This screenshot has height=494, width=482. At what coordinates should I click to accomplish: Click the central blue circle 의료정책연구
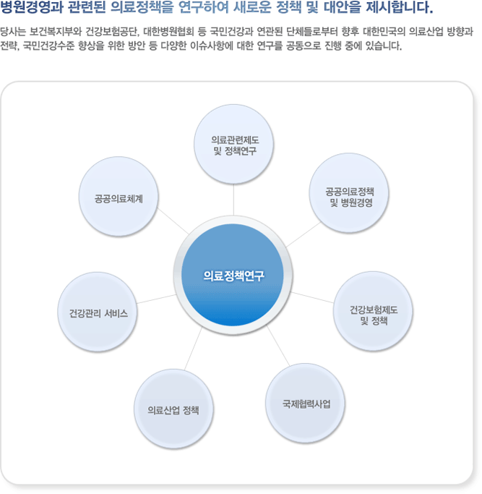click(x=233, y=275)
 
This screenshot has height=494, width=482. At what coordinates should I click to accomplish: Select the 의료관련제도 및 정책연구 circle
click(x=233, y=144)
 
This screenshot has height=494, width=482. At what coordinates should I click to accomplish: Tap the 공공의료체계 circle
click(x=119, y=197)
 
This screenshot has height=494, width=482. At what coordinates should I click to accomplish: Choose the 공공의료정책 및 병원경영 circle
click(x=349, y=193)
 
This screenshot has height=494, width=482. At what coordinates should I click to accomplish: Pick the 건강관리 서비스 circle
click(x=98, y=312)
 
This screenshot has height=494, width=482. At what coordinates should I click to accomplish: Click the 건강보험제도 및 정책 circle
click(x=373, y=311)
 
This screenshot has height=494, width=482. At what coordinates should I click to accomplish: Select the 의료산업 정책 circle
click(x=173, y=409)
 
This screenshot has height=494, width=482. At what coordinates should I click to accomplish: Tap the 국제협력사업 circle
click(x=305, y=404)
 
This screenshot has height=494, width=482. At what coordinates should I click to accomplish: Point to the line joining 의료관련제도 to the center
click(x=233, y=200)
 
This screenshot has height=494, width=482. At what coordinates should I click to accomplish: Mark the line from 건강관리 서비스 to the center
click(x=156, y=299)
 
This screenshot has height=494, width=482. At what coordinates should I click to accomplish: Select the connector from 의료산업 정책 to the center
click(x=193, y=349)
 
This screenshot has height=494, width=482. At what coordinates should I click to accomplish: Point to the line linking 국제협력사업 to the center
click(x=278, y=346)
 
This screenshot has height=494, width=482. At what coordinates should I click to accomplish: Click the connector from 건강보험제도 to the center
click(x=312, y=297)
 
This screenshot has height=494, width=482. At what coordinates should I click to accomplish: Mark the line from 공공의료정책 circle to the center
click(x=304, y=234)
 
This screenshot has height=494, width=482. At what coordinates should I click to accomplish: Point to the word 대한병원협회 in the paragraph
click(x=168, y=32)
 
